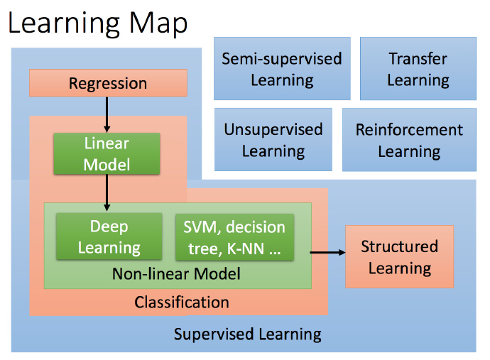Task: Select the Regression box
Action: (108, 83)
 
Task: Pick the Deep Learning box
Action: (109, 237)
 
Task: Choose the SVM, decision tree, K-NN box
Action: (234, 237)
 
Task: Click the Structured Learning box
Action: (399, 257)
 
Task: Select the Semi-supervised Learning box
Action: (282, 69)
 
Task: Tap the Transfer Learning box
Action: (418, 69)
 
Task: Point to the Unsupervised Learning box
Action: (273, 140)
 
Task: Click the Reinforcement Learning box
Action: (409, 140)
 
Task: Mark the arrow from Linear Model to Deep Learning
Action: (107, 192)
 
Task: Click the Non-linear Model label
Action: (177, 273)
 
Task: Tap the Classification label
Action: (182, 302)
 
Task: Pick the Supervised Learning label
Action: (247, 334)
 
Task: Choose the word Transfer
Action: (418, 58)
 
